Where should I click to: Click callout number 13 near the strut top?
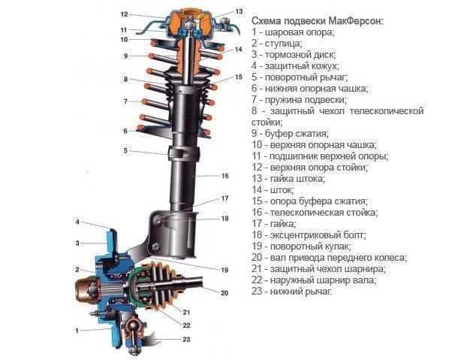239,11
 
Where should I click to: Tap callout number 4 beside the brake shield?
77,222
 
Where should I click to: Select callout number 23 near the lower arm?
186,339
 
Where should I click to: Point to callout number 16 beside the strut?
224,176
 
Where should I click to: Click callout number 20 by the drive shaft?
224,293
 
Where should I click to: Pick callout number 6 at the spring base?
125,131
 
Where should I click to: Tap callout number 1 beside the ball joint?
77,331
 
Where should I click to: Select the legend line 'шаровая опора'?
293,32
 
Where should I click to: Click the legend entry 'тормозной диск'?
294,55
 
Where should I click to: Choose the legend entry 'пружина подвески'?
300,100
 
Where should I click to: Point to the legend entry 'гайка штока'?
288,179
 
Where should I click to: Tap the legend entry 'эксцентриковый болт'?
309,235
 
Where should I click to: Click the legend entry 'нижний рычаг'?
292,292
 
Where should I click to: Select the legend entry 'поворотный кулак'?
302,247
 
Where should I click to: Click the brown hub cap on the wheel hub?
86,290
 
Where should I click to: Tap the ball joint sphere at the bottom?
132,325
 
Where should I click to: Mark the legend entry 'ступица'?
277,44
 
